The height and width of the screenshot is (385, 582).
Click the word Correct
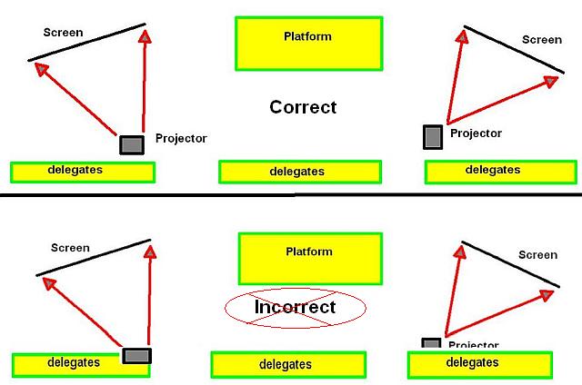303,107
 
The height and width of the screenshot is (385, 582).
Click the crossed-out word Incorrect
295,308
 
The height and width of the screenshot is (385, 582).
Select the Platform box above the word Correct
308,43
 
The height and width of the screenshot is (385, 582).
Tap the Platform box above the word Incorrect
308,258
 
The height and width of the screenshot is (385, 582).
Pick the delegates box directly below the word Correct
300,171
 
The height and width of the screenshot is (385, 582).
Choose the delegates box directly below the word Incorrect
288,364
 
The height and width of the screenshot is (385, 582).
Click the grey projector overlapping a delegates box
136,356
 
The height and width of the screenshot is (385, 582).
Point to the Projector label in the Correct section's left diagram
181,139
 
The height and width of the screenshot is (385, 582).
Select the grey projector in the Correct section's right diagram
433,136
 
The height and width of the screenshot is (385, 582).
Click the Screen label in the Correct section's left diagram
64,34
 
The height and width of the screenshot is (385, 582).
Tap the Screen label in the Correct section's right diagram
542,40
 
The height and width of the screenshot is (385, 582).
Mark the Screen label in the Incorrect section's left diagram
70,248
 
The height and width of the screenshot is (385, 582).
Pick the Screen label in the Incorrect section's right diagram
537,255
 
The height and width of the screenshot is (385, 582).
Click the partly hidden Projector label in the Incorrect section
473,345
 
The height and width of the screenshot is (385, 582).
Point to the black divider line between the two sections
291,194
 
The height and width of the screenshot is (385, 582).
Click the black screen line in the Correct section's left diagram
87,42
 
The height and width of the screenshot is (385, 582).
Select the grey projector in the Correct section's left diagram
132,144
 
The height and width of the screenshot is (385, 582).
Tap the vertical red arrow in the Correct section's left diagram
144,82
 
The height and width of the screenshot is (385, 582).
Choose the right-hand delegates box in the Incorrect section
479,364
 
